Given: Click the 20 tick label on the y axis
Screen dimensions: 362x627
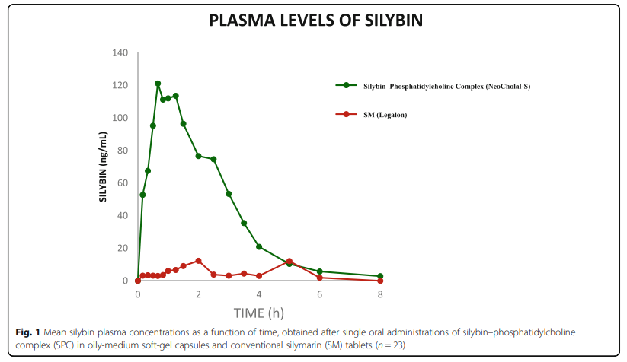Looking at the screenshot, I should click(124, 249).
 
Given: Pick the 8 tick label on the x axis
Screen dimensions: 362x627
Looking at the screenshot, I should click(381, 294).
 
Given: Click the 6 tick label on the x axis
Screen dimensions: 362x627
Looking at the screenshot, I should click(320, 294).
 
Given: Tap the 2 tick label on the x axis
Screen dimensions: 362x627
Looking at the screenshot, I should click(198, 294).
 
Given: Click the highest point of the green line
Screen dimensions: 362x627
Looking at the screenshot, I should click(158, 84).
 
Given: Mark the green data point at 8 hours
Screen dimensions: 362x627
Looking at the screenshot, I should click(381, 276).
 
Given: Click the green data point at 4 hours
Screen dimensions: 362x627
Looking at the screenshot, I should click(259, 246).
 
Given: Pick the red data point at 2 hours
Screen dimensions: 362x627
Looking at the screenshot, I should click(198, 261).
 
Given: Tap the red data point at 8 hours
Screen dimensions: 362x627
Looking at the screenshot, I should click(381, 281).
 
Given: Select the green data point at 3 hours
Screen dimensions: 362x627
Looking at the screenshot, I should click(229, 194).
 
